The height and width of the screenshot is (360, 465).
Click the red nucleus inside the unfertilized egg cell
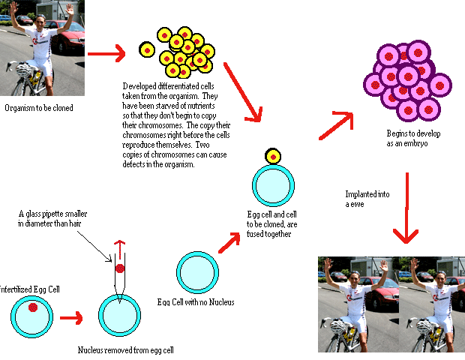click(33, 308)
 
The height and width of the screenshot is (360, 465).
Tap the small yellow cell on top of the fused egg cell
click(273, 157)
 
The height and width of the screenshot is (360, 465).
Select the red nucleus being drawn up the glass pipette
click(119, 268)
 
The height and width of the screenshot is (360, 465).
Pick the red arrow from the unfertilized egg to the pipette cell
click(71, 318)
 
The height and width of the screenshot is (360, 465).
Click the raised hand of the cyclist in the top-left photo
click(69, 10)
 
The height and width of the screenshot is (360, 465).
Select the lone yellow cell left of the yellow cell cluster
click(147, 50)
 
